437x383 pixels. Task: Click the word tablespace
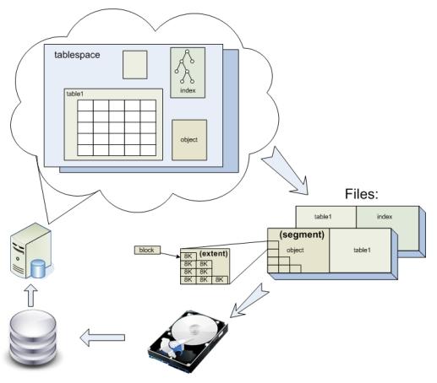coord(77,55)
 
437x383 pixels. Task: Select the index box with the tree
coord(188,73)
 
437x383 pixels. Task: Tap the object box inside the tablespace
coord(189,140)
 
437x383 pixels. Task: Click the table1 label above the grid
coord(75,94)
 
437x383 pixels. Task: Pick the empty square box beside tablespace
coord(135,65)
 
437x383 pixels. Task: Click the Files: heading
coord(362,194)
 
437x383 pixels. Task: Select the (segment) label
coord(302,235)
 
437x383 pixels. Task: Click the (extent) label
coord(213,254)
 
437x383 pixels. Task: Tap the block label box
coord(147,250)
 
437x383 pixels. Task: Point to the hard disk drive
coord(188,341)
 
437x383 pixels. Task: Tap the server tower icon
coord(31,251)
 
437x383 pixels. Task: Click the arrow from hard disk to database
coord(102,337)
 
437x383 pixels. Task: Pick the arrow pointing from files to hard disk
coord(249,302)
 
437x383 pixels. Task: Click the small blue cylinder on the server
coord(38,268)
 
